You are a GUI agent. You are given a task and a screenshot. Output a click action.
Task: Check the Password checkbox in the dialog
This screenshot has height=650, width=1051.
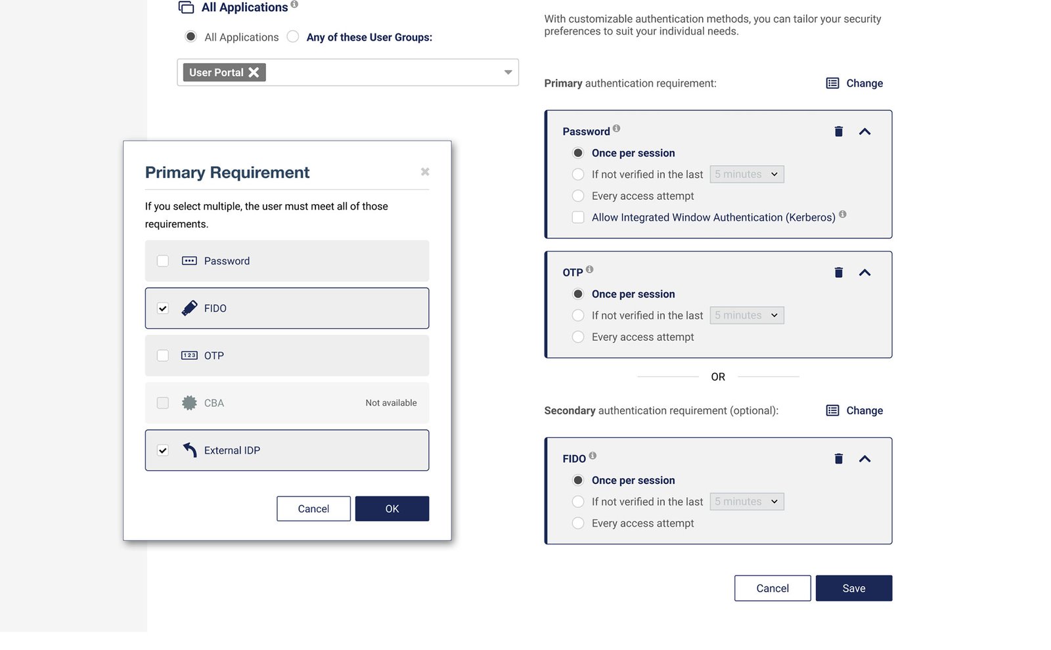coord(163,261)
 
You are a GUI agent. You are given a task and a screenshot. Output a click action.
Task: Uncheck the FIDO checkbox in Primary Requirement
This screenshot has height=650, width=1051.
coord(163,309)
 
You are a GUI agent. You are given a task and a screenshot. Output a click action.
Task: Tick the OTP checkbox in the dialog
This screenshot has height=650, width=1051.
coord(163,356)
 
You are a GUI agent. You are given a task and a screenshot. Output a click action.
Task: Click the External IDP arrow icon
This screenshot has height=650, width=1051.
coord(190,450)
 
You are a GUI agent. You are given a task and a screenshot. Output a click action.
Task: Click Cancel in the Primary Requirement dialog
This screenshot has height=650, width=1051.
coord(313,509)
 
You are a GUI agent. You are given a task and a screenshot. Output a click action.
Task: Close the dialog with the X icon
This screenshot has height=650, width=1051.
coord(425,172)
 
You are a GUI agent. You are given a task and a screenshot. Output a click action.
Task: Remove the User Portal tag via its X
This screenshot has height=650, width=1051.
coord(254,72)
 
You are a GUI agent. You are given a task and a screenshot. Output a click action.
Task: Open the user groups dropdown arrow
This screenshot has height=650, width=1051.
coord(508,72)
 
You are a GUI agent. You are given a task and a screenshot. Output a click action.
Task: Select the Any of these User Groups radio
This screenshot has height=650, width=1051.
coord(293,37)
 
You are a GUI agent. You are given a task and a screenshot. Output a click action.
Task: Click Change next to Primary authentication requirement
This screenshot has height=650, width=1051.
coord(855,83)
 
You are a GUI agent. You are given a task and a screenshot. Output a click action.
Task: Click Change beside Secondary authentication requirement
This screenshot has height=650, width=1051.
coord(855,411)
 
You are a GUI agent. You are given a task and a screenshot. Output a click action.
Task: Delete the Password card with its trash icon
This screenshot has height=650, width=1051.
coord(839,132)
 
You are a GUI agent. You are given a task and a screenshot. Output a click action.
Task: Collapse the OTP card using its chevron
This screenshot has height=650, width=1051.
coord(864,272)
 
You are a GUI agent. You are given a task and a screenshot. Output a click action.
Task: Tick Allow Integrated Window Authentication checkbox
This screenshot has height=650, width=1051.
coord(578,217)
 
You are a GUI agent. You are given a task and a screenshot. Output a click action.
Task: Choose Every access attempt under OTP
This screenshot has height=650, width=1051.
coord(578,337)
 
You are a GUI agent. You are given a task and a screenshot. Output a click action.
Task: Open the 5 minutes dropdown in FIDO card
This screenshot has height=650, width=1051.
coord(747,502)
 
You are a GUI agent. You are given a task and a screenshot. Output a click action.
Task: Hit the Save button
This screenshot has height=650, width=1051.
coord(854,588)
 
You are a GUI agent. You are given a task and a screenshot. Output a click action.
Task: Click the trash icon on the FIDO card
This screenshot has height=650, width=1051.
coord(839,459)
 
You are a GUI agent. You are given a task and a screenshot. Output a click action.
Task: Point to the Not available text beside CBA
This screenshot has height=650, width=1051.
coord(391,403)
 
